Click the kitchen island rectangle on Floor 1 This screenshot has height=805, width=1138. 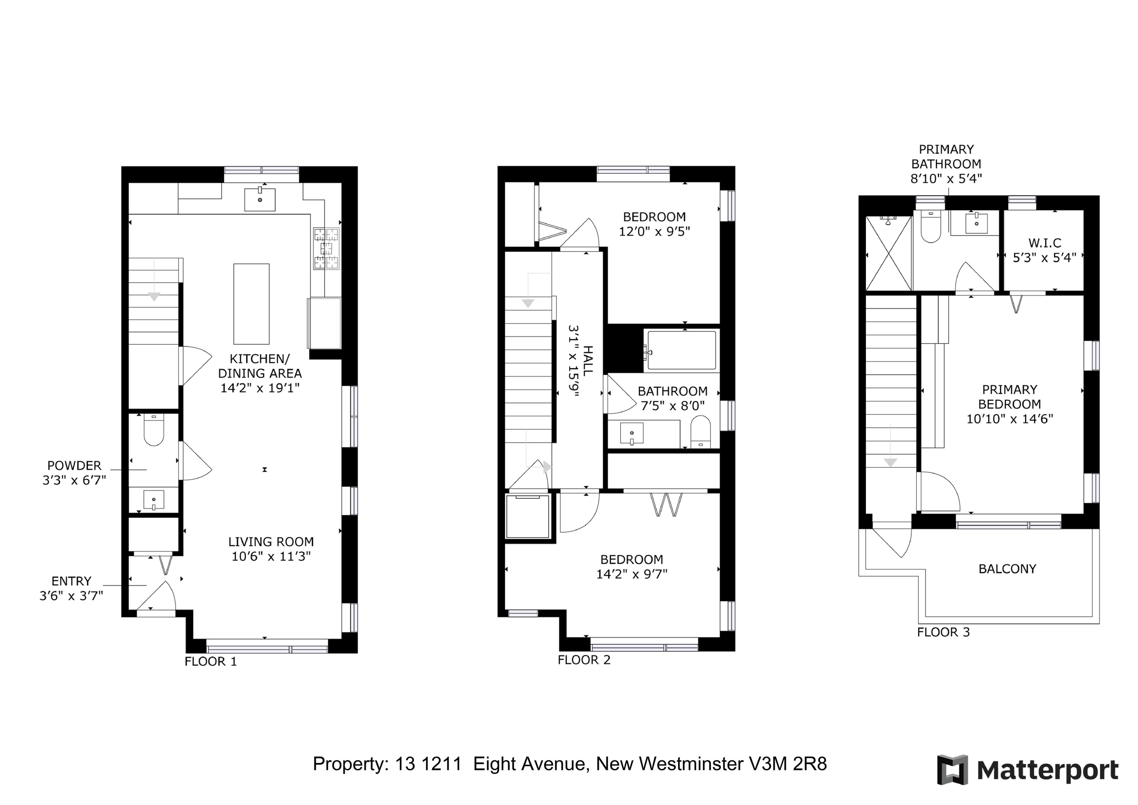(x=251, y=304)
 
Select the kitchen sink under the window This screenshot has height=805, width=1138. (x=260, y=199)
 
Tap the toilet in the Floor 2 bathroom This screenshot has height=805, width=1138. (x=700, y=431)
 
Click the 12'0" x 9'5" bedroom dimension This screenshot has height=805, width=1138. (x=654, y=232)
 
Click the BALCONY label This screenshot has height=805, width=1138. (x=1007, y=569)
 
